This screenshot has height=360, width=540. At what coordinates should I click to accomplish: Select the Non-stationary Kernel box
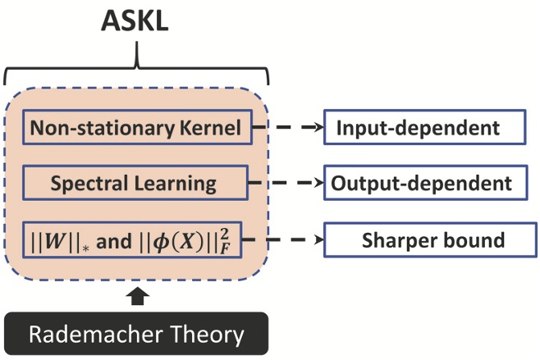pos(135,128)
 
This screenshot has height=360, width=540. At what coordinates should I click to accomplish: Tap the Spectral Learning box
pos(135,182)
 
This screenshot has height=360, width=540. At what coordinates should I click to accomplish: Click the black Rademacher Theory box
pos(136,334)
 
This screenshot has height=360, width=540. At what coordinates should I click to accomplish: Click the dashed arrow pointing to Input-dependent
pos(288,128)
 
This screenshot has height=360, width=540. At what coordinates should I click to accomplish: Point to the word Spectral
pos(84,183)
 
